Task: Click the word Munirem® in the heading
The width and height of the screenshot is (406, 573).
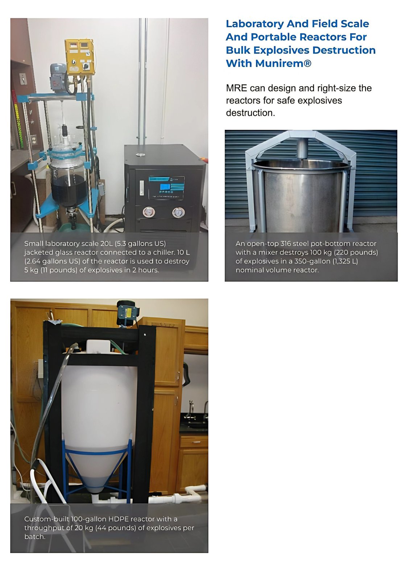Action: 283,63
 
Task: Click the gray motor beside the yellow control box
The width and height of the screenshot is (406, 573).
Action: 58,77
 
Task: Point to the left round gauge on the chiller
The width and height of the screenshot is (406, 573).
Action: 149,212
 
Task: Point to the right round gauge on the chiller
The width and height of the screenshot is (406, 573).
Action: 178,212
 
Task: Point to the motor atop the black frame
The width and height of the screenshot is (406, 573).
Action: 127,313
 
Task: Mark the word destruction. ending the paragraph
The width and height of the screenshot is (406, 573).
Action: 250,113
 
